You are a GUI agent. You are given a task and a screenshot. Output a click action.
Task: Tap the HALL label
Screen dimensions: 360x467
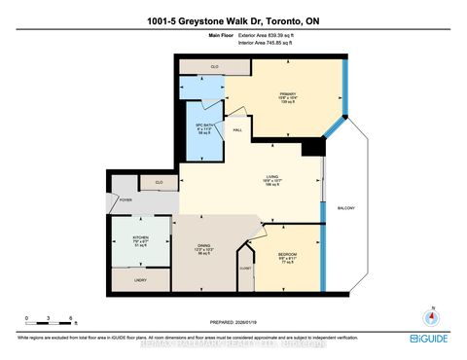click(237, 129)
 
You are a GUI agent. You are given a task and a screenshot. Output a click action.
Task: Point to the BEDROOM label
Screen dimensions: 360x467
click(286, 256)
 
